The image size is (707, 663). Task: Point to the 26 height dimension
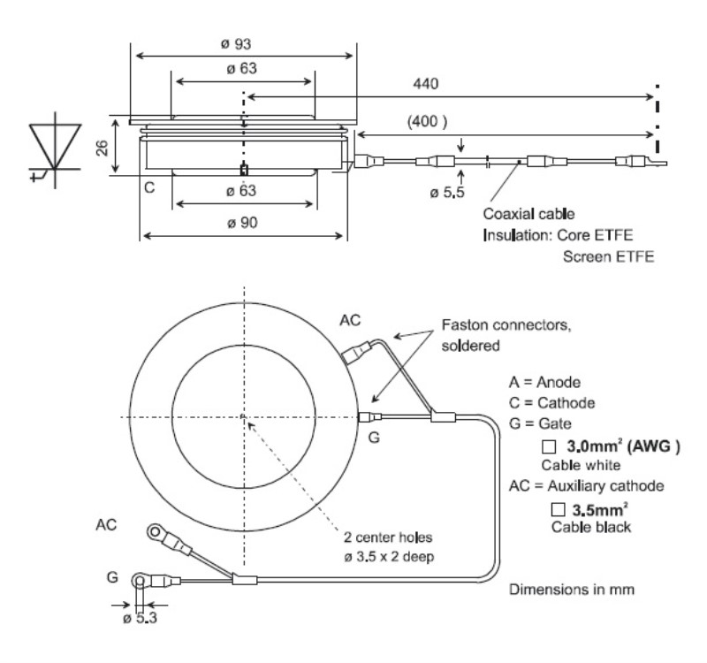(103, 146)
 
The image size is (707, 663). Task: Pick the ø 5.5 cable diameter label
(439, 193)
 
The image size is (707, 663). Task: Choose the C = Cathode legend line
(551, 404)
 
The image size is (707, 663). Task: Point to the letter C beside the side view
(149, 188)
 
